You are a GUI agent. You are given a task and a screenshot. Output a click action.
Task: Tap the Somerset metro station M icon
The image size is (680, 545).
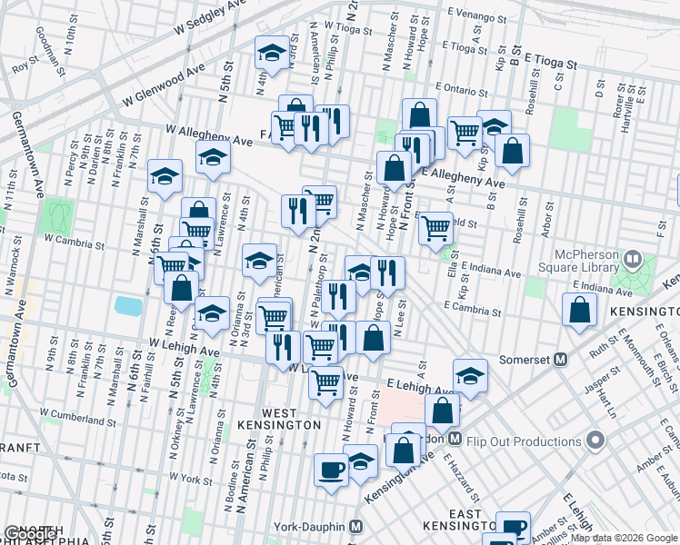pos(561,360)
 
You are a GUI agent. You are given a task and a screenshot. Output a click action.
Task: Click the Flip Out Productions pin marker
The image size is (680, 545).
pos(596,441)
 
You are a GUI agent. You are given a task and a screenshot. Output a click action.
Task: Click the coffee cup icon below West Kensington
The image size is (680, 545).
pos(332,470)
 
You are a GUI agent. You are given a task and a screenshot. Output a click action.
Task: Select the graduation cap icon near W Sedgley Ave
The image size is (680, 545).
pos(271,54)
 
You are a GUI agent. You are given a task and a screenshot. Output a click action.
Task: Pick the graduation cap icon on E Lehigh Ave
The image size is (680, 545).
pos(469,374)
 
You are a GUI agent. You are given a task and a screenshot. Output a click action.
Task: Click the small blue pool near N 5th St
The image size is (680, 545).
pos(128,306)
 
